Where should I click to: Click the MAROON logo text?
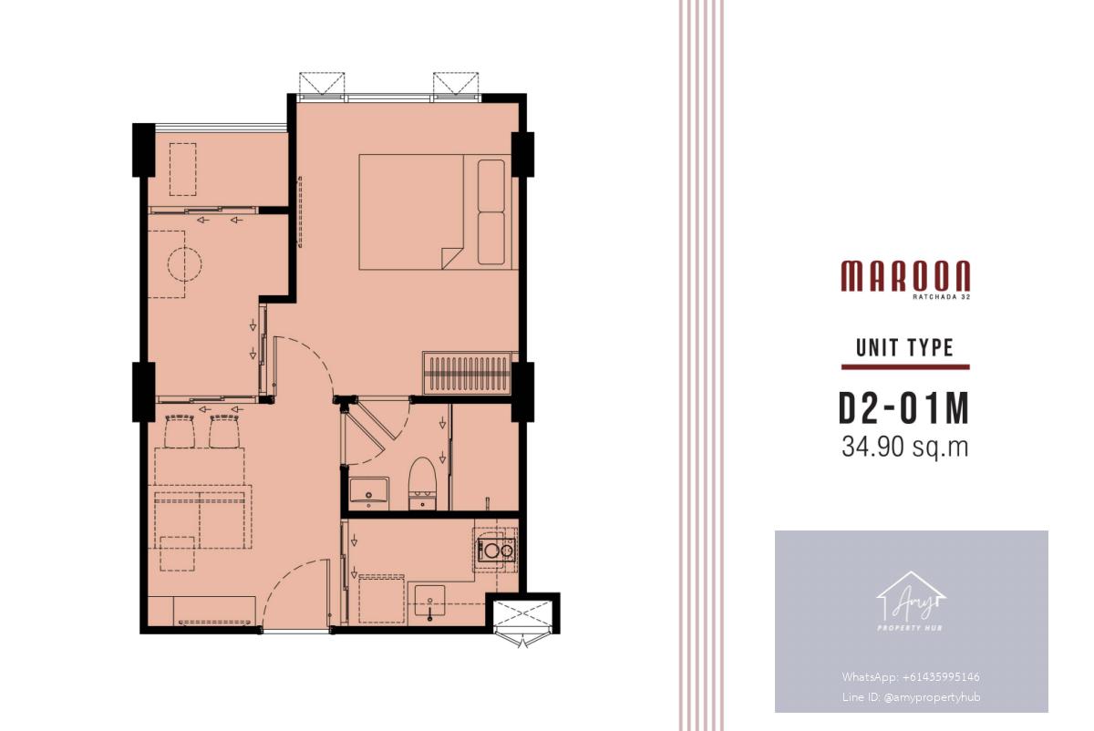(905, 276)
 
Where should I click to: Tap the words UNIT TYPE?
(904, 347)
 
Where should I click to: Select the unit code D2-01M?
(904, 409)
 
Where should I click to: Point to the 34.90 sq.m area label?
(904, 447)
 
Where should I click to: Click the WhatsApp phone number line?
(911, 677)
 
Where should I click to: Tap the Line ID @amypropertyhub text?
(911, 696)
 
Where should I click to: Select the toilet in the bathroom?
(422, 483)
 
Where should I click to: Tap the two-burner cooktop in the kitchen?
(496, 551)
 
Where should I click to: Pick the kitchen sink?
(429, 601)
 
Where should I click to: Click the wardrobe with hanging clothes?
(468, 373)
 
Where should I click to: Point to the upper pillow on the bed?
(491, 186)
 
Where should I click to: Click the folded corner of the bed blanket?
(451, 258)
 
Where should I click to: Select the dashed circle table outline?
(184, 264)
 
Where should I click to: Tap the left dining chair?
(180, 431)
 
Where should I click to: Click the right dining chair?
(224, 431)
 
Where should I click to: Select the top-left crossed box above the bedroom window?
(322, 83)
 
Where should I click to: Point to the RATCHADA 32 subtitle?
(941, 296)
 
